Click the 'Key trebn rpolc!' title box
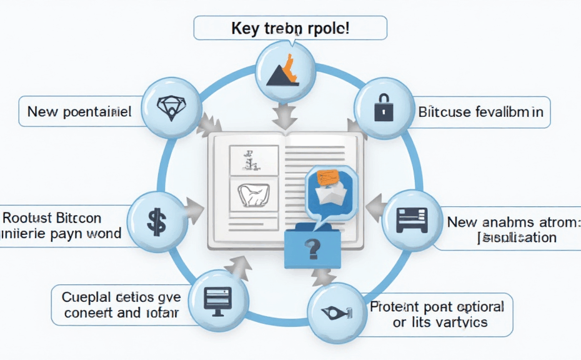(x=290, y=29)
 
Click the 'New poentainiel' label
(x=79, y=112)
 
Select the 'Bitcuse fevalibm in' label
(x=480, y=112)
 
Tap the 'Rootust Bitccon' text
(x=53, y=219)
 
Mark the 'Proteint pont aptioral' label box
(x=437, y=314)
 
